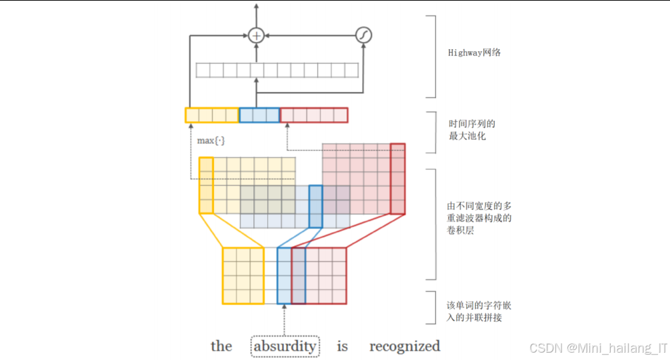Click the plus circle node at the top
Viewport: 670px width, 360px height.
pyautogui.click(x=257, y=35)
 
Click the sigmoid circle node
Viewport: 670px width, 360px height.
pyautogui.click(x=363, y=35)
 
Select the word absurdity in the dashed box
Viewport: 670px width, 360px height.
pyautogui.click(x=285, y=347)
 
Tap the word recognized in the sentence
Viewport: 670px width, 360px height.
pyautogui.click(x=405, y=347)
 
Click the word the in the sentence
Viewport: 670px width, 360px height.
pyautogui.click(x=221, y=347)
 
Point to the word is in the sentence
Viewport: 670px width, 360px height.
pyautogui.click(x=342, y=347)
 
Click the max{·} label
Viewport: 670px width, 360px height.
pyautogui.click(x=211, y=141)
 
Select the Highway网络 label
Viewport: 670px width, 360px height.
pyautogui.click(x=474, y=52)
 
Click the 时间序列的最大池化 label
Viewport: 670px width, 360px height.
pyautogui.click(x=472, y=130)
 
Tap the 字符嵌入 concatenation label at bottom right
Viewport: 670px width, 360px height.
pyautogui.click(x=479, y=311)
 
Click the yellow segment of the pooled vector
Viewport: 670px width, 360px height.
pyautogui.click(x=212, y=115)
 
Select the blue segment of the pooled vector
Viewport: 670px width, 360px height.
pyautogui.click(x=259, y=115)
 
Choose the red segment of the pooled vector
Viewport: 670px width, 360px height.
pyautogui.click(x=314, y=115)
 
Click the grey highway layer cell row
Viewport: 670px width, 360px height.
pyautogui.click(x=277, y=70)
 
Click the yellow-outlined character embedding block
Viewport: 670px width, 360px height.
pyautogui.click(x=243, y=275)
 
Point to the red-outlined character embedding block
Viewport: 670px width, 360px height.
pyautogui.click(x=326, y=275)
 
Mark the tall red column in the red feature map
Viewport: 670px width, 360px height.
pyautogui.click(x=397, y=179)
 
